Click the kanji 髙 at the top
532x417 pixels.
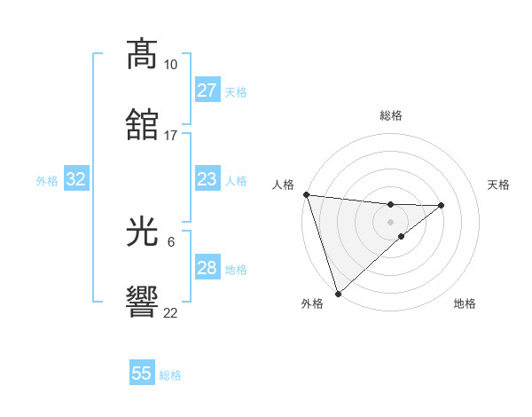point(143,55)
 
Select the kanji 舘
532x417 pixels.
point(143,125)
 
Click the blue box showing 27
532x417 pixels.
point(207,90)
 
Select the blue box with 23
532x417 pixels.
point(207,179)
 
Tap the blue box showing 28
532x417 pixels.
point(207,268)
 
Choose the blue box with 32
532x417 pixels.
point(76,179)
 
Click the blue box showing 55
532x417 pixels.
point(142,374)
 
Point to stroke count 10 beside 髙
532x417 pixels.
point(170,65)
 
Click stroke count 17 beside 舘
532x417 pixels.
point(170,136)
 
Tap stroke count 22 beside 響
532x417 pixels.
point(170,313)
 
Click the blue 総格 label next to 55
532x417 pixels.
point(170,375)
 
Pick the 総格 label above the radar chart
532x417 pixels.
point(391,115)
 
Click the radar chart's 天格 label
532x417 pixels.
point(499,185)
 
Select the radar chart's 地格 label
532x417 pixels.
point(465,303)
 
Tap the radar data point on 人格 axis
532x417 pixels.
point(306,194)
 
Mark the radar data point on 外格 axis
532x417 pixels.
point(338,293)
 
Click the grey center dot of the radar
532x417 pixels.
point(391,222)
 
